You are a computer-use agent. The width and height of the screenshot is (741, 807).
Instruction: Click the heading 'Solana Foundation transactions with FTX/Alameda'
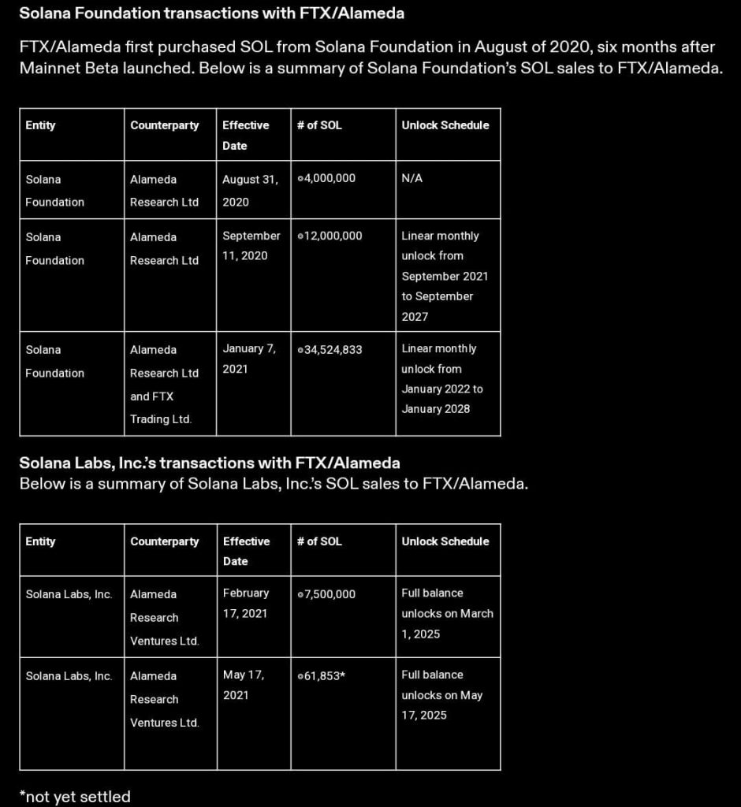[211, 13]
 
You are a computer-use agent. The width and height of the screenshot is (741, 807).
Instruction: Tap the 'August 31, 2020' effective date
[250, 190]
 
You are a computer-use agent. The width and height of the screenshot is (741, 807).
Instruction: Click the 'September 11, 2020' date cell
[251, 246]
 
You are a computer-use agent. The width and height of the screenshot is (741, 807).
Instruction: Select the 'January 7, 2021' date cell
[249, 359]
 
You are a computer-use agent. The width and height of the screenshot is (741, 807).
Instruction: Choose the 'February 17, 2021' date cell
[246, 603]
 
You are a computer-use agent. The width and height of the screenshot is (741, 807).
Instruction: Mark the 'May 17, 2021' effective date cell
[244, 685]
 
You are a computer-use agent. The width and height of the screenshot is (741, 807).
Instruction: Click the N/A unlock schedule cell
[412, 179]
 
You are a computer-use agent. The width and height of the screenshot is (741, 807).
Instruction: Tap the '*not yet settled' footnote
[75, 797]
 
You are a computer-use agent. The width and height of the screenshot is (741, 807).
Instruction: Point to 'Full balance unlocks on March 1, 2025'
[447, 613]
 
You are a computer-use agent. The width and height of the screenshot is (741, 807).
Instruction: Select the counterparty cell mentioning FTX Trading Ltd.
[164, 384]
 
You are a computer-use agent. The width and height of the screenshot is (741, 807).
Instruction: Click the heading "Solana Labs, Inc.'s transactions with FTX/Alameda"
[210, 463]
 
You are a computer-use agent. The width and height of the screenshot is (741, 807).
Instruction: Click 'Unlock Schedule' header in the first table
[445, 125]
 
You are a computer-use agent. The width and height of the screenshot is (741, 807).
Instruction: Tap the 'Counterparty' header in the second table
[165, 541]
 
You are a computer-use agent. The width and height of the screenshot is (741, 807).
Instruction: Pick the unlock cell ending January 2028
[442, 378]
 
